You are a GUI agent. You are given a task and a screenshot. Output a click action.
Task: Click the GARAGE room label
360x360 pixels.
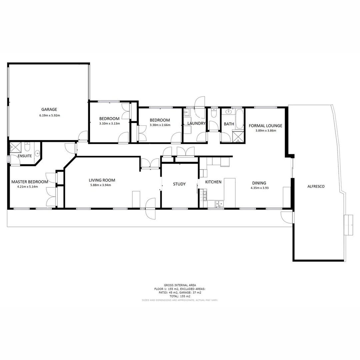click(x=49, y=109)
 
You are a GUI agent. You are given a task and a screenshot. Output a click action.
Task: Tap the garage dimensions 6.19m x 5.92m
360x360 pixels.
click(x=49, y=116)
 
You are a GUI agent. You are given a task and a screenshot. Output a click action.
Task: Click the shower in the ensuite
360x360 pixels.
click(x=15, y=146)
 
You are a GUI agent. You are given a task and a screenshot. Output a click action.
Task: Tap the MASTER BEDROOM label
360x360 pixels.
click(x=30, y=182)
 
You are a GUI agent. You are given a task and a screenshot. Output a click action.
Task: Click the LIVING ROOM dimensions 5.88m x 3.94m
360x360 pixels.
click(x=100, y=185)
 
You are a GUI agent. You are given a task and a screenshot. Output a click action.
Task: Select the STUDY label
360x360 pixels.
click(x=179, y=184)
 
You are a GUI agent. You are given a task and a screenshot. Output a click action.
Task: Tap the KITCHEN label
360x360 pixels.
click(x=213, y=182)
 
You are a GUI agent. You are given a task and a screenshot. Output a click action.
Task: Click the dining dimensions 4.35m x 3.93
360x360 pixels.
click(x=259, y=188)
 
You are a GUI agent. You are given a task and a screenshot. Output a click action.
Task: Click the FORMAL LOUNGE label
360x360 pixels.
click(x=266, y=126)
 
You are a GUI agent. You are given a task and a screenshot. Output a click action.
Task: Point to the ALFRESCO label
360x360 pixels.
click(x=316, y=186)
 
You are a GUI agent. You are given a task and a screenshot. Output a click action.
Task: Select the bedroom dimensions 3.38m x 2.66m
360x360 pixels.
click(x=160, y=125)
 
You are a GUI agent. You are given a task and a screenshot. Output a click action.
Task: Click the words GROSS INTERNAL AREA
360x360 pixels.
click(x=180, y=285)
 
